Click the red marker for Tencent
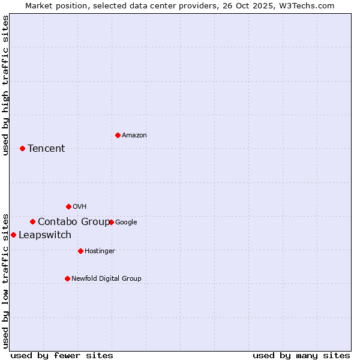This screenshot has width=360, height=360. [22, 148]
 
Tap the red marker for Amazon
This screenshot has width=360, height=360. [118, 135]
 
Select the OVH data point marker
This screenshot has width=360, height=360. [68, 206]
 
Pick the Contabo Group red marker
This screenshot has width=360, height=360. [32, 221]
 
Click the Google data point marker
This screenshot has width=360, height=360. [111, 222]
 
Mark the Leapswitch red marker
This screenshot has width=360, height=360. [13, 235]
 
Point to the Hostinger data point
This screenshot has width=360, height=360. [80, 251]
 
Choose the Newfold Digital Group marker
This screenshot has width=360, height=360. [67, 278]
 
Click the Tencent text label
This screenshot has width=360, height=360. [46, 149]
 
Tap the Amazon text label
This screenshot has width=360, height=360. [134, 136]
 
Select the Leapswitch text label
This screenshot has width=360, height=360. [45, 235]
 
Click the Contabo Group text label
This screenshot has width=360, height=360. [74, 222]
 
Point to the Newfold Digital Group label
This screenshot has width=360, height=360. [106, 278]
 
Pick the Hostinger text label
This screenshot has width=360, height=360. [100, 251]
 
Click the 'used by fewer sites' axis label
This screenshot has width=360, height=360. [62, 355]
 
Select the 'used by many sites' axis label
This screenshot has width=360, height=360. [301, 355]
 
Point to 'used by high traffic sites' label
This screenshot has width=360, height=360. [5, 85]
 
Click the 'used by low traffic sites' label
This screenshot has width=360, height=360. [5, 281]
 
